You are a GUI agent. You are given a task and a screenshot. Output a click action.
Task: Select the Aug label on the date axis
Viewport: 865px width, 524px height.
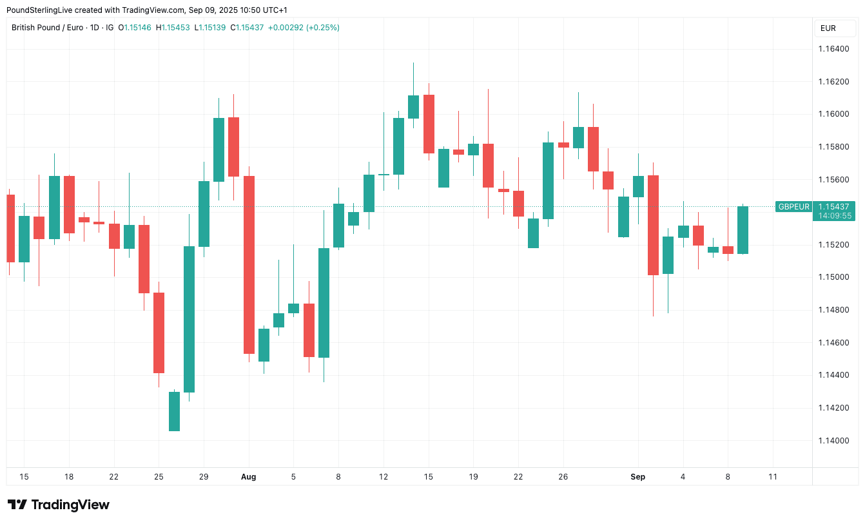click(x=248, y=477)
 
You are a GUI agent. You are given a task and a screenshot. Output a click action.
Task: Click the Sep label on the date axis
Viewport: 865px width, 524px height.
click(x=637, y=477)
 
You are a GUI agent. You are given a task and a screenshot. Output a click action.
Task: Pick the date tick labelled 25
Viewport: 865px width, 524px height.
click(x=159, y=477)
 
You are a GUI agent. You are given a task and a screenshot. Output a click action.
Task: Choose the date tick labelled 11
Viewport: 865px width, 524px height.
click(x=773, y=477)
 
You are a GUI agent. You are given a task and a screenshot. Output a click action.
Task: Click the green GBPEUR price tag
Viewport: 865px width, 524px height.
click(x=793, y=207)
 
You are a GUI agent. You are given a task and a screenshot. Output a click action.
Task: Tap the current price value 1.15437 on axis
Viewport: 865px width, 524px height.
click(x=834, y=207)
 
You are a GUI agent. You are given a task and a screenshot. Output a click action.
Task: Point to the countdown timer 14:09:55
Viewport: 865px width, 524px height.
click(x=834, y=216)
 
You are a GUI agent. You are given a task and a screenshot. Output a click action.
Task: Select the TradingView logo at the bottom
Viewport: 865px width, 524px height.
click(x=58, y=505)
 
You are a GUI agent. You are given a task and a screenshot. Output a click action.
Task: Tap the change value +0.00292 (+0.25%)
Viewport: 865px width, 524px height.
click(x=304, y=28)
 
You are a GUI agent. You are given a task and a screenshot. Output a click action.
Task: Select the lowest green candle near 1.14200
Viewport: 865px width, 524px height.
click(x=174, y=411)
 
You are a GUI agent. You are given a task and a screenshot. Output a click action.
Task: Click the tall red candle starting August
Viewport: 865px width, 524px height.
click(x=248, y=264)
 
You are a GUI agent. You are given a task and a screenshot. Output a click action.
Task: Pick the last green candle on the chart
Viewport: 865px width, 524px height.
click(x=743, y=230)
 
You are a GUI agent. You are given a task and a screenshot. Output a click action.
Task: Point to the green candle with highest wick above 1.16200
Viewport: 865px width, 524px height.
click(x=413, y=106)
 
